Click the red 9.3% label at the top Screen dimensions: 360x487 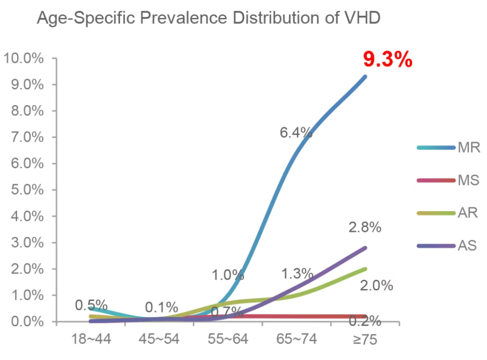point(387,60)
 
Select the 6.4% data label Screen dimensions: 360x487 point(296,133)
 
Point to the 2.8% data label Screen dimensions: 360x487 point(365,227)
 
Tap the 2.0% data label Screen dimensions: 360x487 point(377,286)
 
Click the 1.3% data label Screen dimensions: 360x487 point(297,274)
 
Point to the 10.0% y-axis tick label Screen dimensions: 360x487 point(24,58)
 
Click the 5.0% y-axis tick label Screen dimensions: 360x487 point(27,190)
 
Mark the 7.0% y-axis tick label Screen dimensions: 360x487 point(27,137)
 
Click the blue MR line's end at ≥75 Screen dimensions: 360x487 point(365,77)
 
